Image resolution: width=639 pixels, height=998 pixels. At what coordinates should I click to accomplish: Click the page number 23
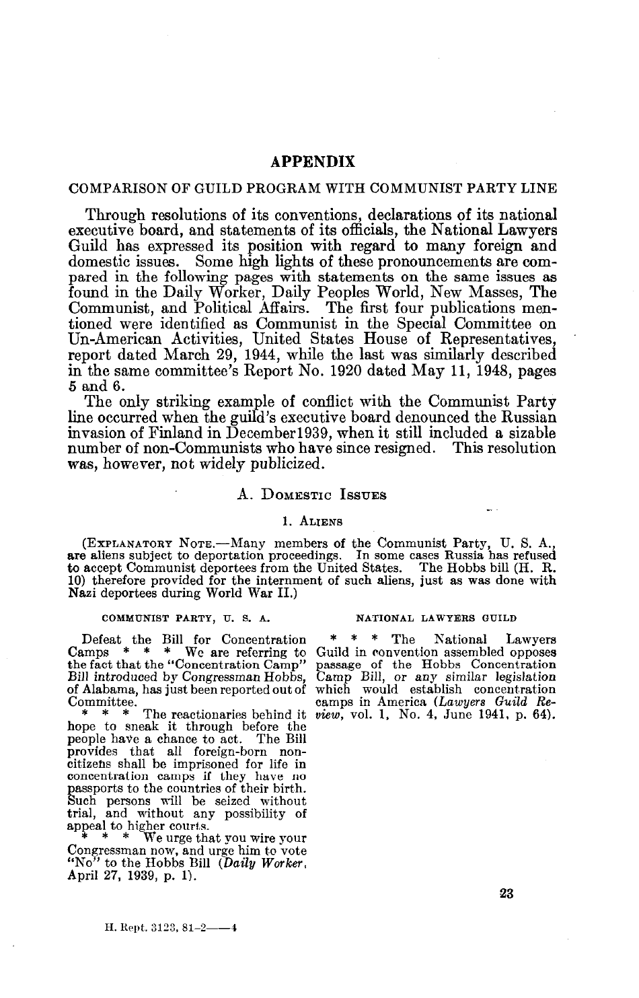click(506, 894)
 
